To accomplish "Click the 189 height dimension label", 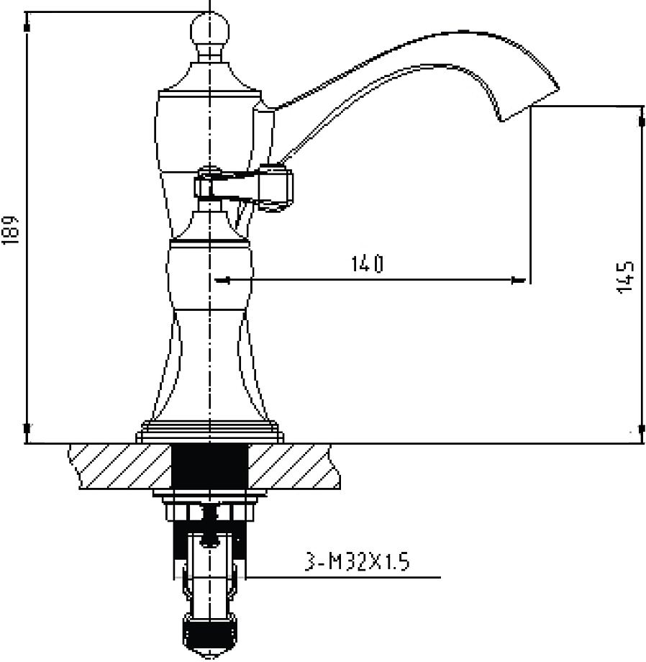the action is pyautogui.click(x=10, y=230).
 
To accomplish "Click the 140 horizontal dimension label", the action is pyautogui.click(x=368, y=264).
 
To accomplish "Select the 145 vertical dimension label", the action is pyautogui.click(x=625, y=277).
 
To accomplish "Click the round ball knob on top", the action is pyautogui.click(x=210, y=30).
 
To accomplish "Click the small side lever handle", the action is pyautogui.click(x=243, y=189).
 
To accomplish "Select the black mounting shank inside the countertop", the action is pyautogui.click(x=210, y=466).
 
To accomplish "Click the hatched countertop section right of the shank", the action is pyautogui.click(x=294, y=466).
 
